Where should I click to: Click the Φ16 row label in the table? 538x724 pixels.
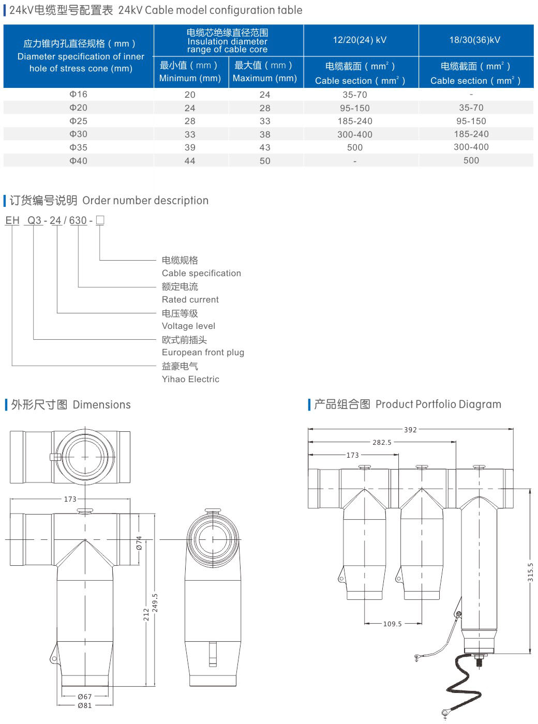pos(79,94)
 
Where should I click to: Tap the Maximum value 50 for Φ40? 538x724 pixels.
pos(265,161)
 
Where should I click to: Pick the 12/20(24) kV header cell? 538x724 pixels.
pos(360,40)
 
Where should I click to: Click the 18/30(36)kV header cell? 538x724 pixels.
pos(474,40)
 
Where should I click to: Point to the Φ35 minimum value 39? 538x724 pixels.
pos(190,147)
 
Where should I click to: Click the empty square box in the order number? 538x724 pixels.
pos(100,220)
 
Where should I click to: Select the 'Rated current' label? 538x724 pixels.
pos(190,299)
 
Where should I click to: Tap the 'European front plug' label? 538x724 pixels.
pos(203,352)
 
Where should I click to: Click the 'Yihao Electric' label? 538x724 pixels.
pos(190,379)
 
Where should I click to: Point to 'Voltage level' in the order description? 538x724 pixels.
pos(188,326)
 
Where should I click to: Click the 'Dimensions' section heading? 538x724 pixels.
pos(101,404)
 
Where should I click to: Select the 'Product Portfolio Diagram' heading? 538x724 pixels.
pos(438,404)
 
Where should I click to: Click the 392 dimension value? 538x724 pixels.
pos(410,430)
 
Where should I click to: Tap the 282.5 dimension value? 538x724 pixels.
pos(382,443)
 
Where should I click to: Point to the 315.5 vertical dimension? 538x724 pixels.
pos(530,572)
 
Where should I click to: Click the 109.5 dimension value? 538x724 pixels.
pos(392,624)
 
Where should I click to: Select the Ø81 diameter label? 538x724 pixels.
pos(84,705)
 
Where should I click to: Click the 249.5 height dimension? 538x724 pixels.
pos(155,603)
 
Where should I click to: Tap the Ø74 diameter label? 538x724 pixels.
pos(139,542)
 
